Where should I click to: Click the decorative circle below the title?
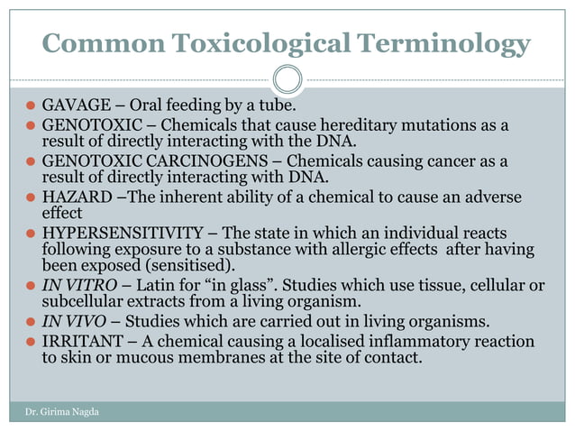point(287,79)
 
